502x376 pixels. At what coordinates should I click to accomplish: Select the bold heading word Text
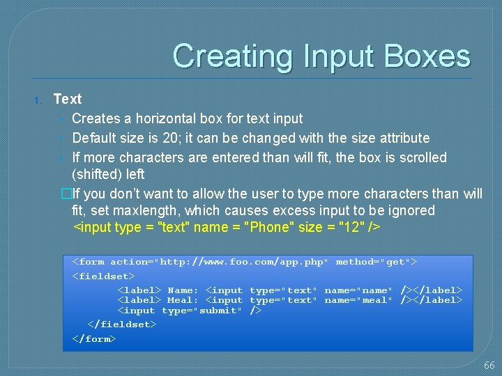(68, 99)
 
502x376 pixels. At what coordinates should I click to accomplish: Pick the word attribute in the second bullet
(404, 138)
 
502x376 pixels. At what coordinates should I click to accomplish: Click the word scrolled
(422, 157)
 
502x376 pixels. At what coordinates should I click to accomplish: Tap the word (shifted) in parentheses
(98, 174)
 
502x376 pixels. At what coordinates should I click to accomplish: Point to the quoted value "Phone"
(268, 227)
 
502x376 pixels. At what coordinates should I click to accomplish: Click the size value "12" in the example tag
(352, 227)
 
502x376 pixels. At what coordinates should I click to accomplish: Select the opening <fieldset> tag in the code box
(103, 276)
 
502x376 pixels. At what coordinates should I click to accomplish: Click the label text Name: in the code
(183, 290)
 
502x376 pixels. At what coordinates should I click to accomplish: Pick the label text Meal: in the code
(183, 300)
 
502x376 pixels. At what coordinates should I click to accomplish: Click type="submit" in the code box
(201, 311)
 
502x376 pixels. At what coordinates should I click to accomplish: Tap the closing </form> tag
(94, 338)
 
